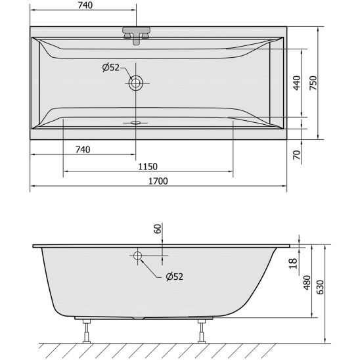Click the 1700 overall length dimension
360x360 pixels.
pyautogui.click(x=158, y=181)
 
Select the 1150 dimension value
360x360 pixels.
pyautogui.click(x=148, y=166)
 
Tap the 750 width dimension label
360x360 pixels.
pyautogui.click(x=313, y=83)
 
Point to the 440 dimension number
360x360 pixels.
pyautogui.click(x=297, y=83)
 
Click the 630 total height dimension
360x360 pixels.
pyautogui.click(x=320, y=287)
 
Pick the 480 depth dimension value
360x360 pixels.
pyautogui.click(x=307, y=282)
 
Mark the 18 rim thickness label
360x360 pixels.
pyautogui.click(x=293, y=263)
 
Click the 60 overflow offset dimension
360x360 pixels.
pyautogui.click(x=158, y=229)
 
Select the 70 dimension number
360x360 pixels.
pyautogui.click(x=297, y=155)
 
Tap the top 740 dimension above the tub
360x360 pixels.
pyautogui.click(x=85, y=5)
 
